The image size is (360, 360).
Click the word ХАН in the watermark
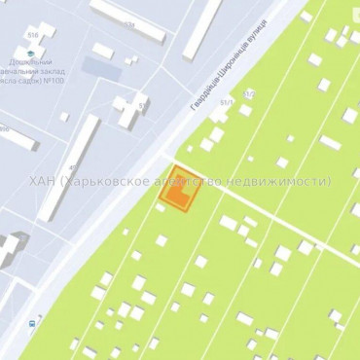pos(43,181)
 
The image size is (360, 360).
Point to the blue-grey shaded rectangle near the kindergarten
pos(96,69)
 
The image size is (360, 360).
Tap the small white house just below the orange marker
pos(162,240)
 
